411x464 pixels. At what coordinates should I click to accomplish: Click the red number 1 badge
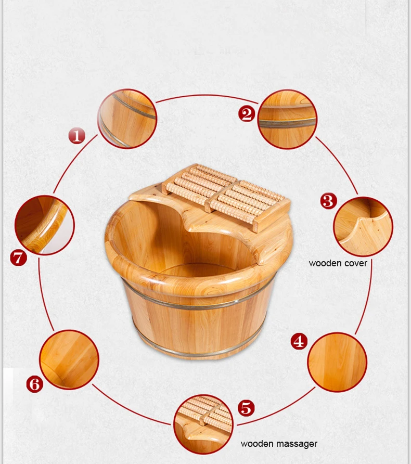tap(77, 136)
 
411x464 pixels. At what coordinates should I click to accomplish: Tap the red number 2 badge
tap(247, 113)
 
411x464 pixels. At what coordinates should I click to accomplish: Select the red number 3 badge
tap(328, 201)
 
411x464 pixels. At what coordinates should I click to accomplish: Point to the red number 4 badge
tap(299, 341)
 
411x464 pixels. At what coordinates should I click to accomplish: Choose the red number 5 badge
tap(246, 408)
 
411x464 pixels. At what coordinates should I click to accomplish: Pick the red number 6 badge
tap(34, 384)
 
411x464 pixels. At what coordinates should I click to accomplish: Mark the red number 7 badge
tap(18, 257)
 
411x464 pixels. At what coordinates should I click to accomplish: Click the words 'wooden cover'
tap(338, 263)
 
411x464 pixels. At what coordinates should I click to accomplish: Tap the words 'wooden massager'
tap(278, 444)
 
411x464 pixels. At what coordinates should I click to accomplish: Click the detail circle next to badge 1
tap(127, 119)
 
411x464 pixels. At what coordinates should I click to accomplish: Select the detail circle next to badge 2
tap(287, 119)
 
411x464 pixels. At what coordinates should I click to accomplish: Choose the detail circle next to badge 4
tap(337, 362)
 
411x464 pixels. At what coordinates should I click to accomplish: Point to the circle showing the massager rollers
tap(203, 424)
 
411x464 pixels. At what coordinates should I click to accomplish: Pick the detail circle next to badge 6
tap(69, 359)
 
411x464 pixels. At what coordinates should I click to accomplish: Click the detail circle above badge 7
tap(44, 225)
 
